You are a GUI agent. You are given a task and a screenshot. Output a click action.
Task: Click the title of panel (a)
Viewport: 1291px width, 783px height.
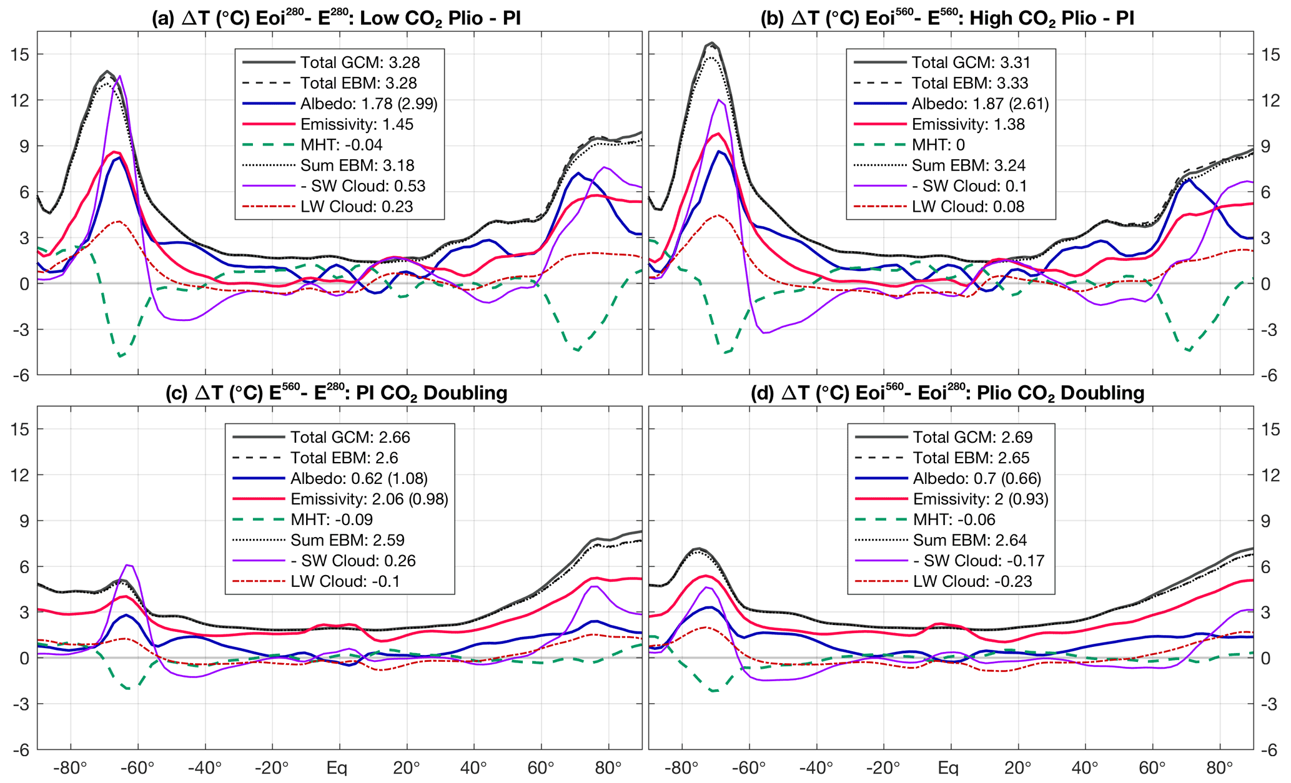tap(336, 17)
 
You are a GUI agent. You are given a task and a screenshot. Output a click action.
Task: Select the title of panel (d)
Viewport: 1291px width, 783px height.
tap(947, 393)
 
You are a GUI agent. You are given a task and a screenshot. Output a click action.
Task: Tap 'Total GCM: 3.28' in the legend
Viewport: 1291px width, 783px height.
tap(360, 62)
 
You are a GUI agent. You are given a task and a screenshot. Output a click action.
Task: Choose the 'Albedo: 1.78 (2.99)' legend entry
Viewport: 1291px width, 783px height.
tap(369, 104)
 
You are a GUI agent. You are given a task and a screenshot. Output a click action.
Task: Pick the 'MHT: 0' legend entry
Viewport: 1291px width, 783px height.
tap(938, 145)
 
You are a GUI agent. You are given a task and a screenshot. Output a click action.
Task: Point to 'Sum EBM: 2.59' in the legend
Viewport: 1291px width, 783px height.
tap(347, 540)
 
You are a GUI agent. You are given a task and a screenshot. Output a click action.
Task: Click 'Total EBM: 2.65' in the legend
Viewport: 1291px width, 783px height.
tap(971, 458)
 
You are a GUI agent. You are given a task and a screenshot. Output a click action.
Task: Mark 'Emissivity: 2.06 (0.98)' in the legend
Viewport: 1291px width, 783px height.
tap(369, 499)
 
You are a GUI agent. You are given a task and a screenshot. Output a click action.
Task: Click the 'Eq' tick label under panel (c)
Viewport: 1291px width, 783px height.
tap(337, 767)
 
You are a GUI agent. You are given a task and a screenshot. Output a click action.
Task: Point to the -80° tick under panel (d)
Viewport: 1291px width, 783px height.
tap(681, 767)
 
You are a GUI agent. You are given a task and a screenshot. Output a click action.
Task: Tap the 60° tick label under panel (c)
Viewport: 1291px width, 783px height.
tap(541, 767)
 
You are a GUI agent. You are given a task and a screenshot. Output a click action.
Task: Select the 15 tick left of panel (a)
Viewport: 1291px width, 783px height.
tap(20, 54)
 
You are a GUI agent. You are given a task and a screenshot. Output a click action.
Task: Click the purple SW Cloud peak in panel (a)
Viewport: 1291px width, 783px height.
tap(120, 76)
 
